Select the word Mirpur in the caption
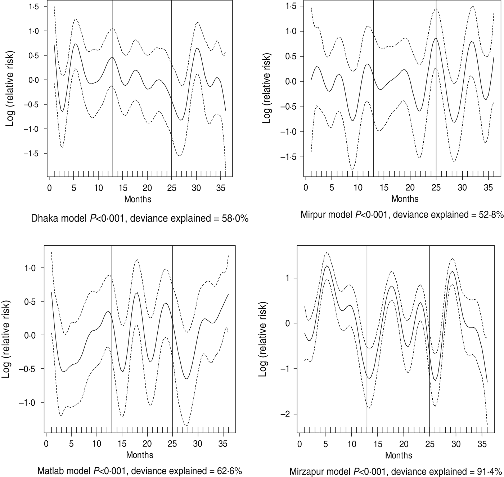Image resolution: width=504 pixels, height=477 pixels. tap(311, 215)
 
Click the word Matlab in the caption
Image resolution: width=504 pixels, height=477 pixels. tap(50, 471)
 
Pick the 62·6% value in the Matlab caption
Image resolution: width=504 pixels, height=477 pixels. tap(229, 471)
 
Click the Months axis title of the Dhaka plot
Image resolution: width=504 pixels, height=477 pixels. tap(138, 199)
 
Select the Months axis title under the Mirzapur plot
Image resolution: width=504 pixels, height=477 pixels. tap(399, 455)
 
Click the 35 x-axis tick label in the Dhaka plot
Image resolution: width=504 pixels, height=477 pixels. tap(220, 188)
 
